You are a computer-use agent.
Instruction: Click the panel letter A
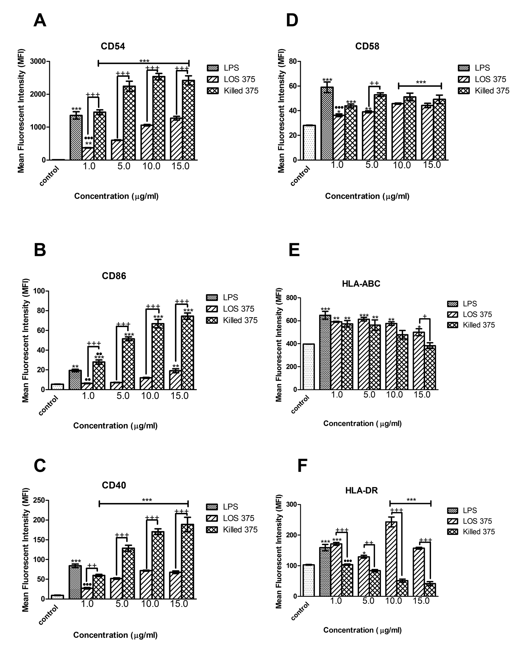40,21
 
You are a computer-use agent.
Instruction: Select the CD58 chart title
367,46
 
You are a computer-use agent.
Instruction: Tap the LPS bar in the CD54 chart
76,138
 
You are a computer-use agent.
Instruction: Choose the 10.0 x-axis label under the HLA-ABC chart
394,395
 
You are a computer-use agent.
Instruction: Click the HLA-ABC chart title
361,284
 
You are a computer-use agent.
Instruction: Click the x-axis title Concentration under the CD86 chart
115,426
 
